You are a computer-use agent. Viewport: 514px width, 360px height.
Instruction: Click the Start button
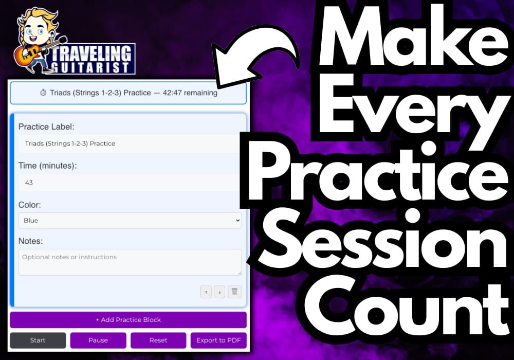38,340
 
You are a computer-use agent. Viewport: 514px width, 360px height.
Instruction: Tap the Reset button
158,340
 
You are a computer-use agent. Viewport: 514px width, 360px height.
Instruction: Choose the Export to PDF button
218,340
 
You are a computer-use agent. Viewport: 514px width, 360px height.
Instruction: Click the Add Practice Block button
128,320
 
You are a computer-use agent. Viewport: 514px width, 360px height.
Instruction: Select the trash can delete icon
234,292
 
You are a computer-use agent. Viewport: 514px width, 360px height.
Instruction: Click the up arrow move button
206,292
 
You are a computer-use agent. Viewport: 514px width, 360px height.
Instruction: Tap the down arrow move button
219,292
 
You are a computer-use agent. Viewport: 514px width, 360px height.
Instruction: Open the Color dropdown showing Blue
130,220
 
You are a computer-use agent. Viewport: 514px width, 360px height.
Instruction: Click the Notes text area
130,262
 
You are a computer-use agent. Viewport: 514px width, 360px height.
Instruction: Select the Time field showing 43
128,183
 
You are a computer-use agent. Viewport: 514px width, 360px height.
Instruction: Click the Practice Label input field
128,143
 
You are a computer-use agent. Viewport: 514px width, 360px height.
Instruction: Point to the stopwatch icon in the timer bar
43,93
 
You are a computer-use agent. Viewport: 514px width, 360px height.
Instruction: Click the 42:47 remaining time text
190,93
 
